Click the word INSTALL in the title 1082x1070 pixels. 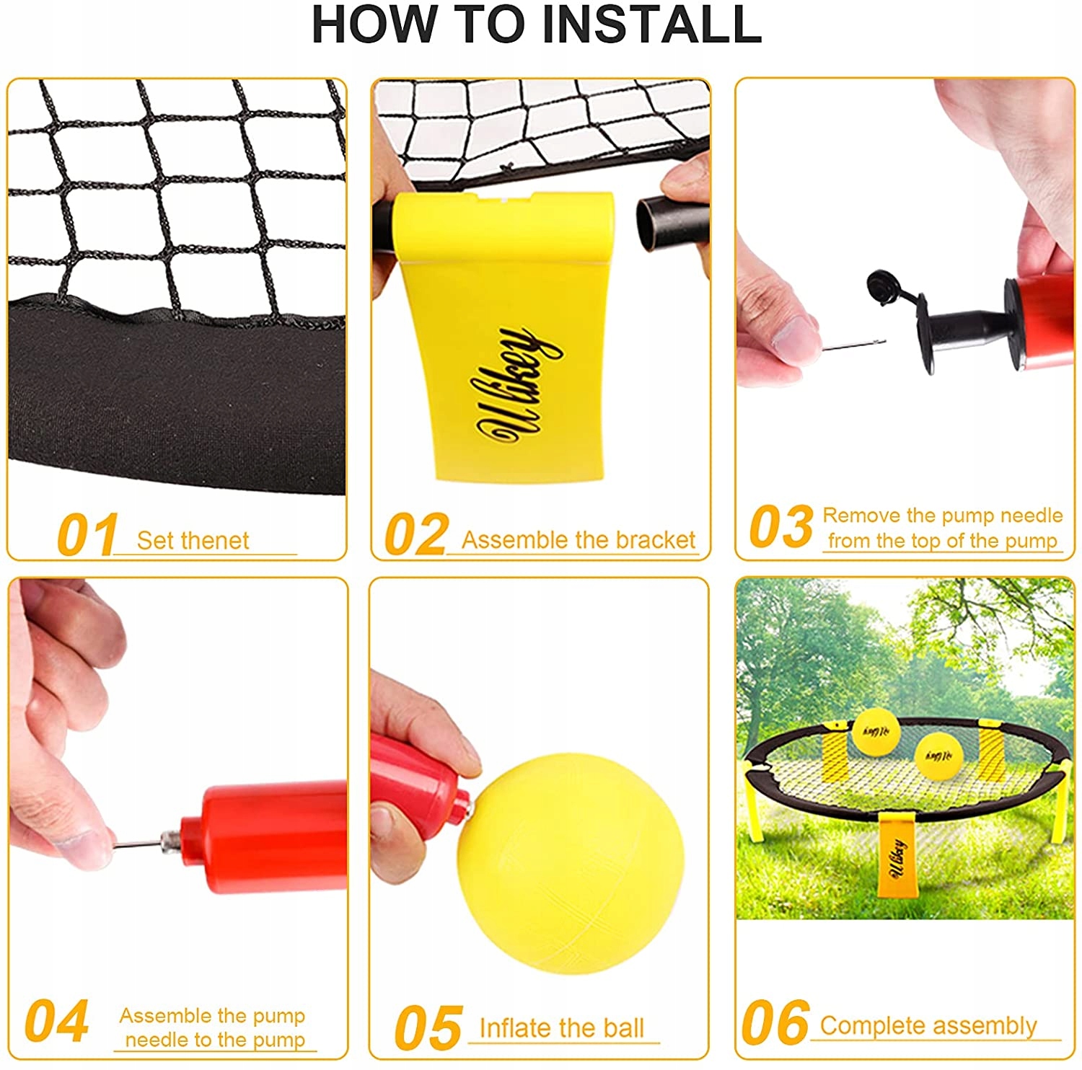651,24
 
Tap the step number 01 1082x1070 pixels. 87,534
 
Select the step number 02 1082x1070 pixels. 416,534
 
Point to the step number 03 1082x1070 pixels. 781,526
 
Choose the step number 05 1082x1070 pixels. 428,1027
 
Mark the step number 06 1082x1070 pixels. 775,1022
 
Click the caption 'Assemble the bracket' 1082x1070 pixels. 579,539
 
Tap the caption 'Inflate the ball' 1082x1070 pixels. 561,1027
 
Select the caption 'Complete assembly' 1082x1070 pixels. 928,1025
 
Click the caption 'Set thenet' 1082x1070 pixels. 193,540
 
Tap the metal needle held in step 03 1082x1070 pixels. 854,346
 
